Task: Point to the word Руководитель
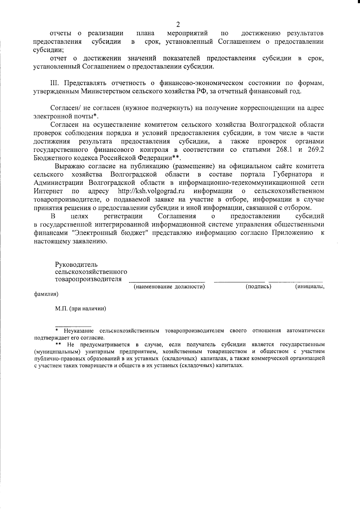[76, 264]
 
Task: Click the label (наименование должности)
[169, 287]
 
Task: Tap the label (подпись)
[258, 287]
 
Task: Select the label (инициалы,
[310, 287]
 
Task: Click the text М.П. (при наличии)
[81, 309]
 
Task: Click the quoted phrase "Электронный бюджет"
[108, 233]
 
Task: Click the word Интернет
[48, 191]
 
